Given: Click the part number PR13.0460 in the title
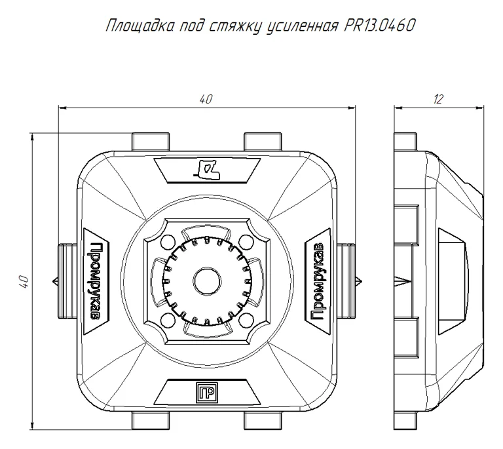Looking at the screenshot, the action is pyautogui.click(x=379, y=26).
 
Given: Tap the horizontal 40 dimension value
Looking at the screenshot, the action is pyautogui.click(x=206, y=99).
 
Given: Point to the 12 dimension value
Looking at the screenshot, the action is pyautogui.click(x=438, y=99).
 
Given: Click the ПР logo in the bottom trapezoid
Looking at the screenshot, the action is pyautogui.click(x=206, y=392).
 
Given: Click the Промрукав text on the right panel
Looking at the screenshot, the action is pyautogui.click(x=318, y=282).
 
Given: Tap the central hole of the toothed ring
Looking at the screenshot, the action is pyautogui.click(x=207, y=281).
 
